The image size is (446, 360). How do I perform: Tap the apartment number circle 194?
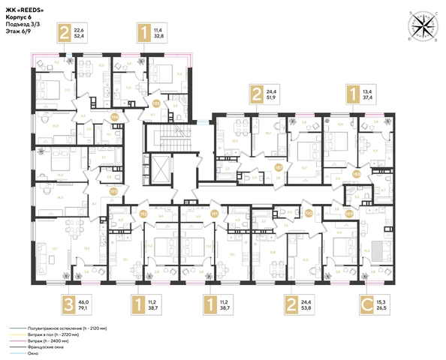pos(115,117)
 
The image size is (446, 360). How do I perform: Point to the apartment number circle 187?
pos(278,166)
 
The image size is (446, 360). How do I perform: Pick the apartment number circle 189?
pos(348,212)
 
